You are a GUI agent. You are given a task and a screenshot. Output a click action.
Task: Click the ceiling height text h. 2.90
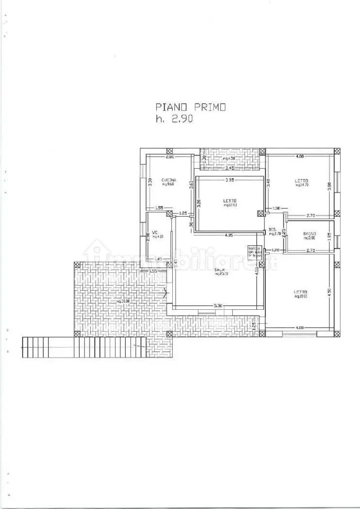tap(174, 119)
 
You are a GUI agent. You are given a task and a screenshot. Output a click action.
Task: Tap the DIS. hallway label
tap(272, 230)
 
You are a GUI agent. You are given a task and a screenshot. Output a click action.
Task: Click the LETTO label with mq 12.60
tap(230, 201)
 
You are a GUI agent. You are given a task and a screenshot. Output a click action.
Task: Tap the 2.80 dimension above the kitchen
tap(170, 157)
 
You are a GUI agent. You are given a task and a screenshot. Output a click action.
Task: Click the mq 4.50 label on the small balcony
tap(229, 159)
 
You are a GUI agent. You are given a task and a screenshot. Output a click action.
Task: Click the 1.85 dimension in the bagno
tap(329, 237)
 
